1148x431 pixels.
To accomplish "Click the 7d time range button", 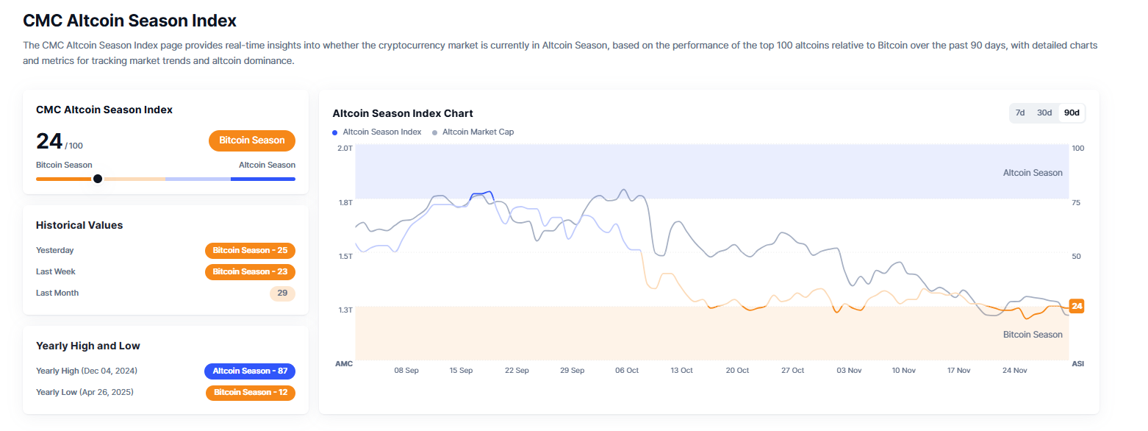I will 1020,113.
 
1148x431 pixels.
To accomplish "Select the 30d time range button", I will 1044,113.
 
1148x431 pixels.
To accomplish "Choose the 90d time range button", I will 1072,113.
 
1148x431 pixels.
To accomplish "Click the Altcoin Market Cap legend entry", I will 477,132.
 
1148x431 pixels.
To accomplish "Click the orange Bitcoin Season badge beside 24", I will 251,140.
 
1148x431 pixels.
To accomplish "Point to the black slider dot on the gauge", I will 98,179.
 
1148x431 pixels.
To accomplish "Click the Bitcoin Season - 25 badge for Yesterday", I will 250,251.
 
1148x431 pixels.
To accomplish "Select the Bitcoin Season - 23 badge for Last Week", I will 250,272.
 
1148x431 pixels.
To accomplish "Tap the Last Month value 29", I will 282,293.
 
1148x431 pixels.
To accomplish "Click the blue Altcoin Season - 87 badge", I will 250,371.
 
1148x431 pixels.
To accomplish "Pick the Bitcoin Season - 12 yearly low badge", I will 250,393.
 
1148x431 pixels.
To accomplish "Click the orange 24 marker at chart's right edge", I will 1077,306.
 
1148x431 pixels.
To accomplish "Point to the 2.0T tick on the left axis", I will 345,149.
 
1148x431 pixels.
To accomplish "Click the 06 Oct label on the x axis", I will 627,371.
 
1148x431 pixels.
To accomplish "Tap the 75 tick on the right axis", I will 1077,202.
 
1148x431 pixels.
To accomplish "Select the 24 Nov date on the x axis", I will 1014,371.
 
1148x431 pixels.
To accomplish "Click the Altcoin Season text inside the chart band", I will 1033,173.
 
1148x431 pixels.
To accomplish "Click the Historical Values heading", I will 79,225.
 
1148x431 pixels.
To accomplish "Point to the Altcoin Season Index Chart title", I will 403,113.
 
